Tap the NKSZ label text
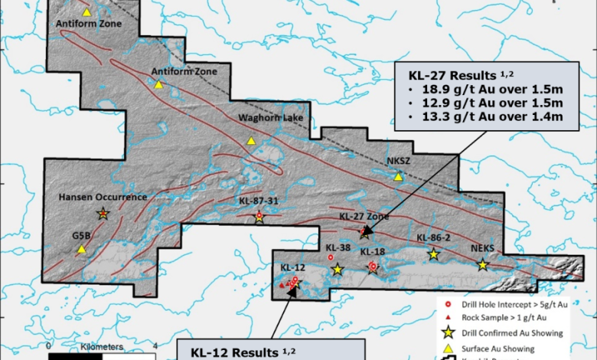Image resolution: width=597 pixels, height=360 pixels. click(x=400, y=162)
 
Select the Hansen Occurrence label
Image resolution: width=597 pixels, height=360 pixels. click(x=102, y=197)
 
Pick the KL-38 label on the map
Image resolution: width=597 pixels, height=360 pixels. click(x=338, y=248)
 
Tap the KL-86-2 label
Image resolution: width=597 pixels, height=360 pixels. click(x=432, y=238)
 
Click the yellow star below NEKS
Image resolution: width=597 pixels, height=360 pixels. click(x=483, y=265)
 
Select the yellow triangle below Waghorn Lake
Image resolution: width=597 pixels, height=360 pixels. click(x=251, y=141)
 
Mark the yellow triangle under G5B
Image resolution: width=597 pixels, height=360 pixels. click(x=81, y=250)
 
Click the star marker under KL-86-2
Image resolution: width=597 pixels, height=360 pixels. click(x=433, y=254)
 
